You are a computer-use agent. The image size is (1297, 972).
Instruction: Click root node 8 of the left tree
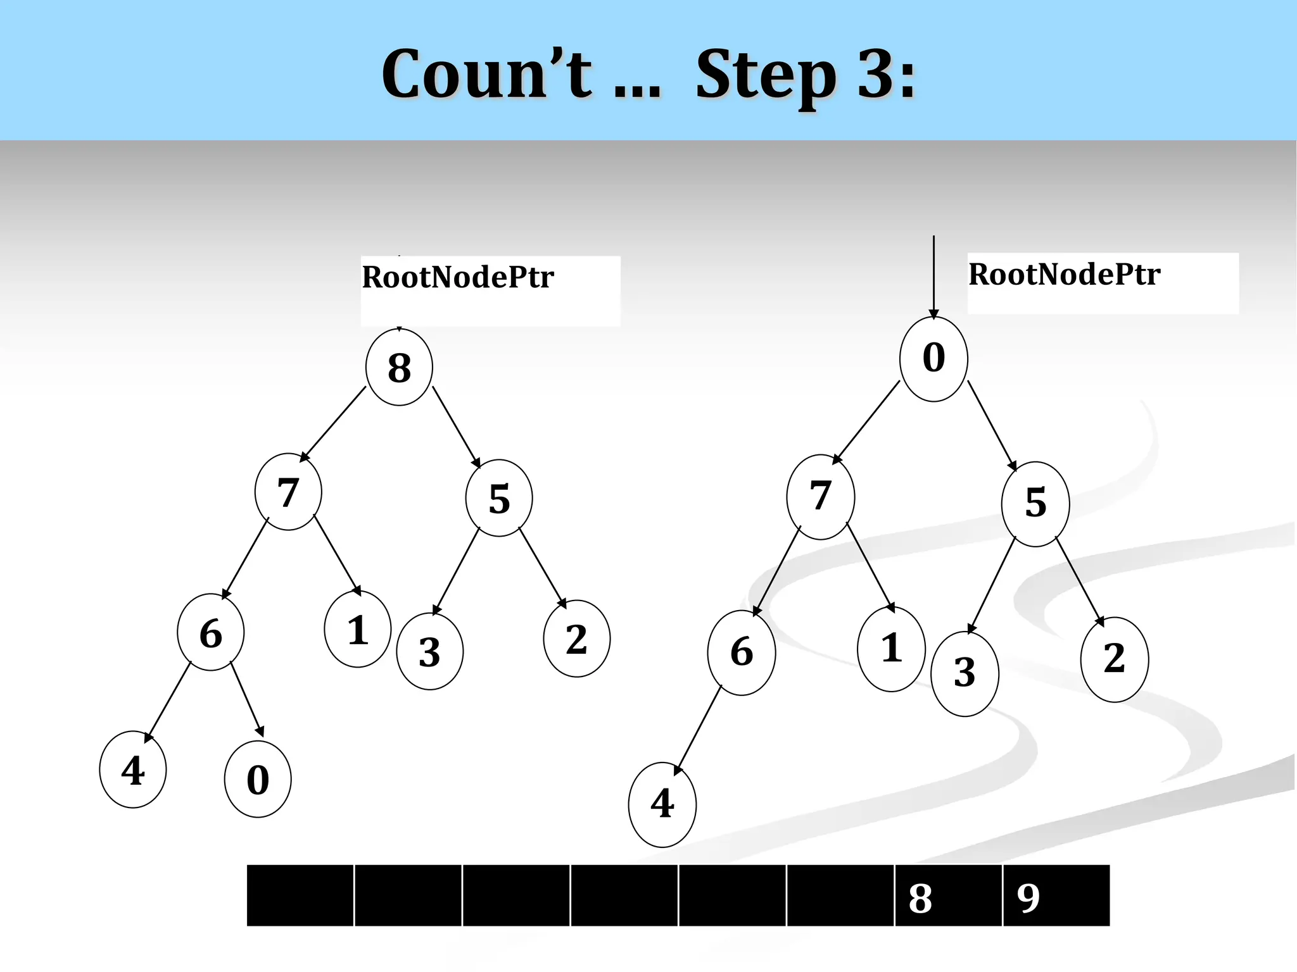click(x=399, y=367)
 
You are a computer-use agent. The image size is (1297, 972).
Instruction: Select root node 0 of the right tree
click(x=933, y=358)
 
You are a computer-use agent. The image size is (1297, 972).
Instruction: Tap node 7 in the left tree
click(x=288, y=492)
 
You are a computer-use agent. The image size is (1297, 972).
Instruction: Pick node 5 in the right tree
click(x=1035, y=503)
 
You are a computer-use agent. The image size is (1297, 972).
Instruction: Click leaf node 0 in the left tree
click(x=258, y=779)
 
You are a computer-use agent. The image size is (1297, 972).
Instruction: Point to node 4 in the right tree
click(x=662, y=804)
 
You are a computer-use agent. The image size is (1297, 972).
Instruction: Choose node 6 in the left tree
click(x=211, y=632)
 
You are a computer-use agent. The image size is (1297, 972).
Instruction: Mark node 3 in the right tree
click(x=965, y=673)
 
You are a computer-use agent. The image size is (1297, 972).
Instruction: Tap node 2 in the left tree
click(x=576, y=639)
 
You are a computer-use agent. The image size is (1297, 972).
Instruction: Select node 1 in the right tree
click(x=891, y=649)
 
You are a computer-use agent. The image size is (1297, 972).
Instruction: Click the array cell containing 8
click(x=947, y=895)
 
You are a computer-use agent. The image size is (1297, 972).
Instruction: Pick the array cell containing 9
click(x=1056, y=895)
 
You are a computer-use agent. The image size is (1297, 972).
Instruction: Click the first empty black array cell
click(x=300, y=895)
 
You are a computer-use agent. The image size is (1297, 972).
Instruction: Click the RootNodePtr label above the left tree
click(x=458, y=277)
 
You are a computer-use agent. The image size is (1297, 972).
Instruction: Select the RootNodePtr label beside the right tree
click(x=1064, y=275)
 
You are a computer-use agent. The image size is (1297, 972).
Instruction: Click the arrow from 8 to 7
click(x=333, y=424)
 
